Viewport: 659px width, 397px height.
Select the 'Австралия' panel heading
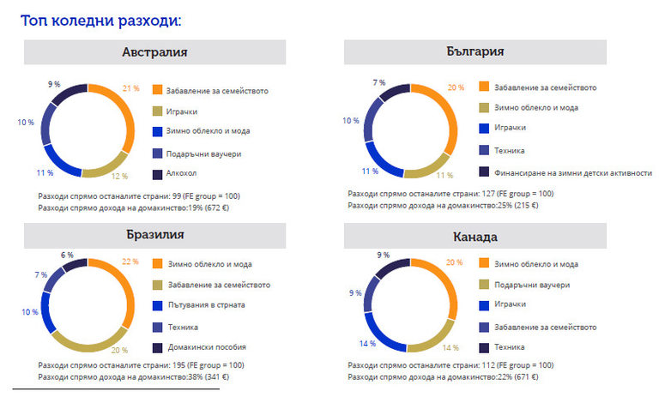[154, 52]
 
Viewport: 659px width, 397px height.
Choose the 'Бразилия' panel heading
[154, 234]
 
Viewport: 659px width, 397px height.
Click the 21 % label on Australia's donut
[130, 87]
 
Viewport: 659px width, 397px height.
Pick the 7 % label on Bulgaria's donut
[379, 82]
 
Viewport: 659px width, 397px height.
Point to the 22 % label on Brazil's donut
[130, 261]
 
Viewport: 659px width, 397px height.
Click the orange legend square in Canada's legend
[484, 263]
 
